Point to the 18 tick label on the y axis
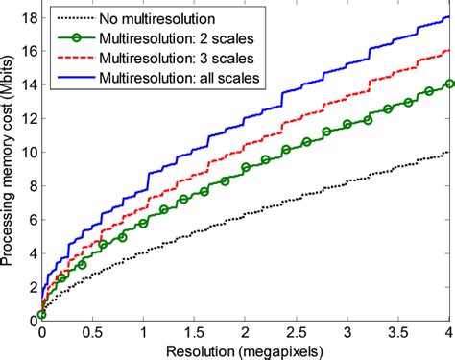28,17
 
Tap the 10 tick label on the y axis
28,152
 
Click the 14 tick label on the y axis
28,84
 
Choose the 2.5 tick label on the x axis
297,331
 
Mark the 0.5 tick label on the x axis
92,331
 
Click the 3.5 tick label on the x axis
399,331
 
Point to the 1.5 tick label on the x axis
195,331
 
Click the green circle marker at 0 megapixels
41,314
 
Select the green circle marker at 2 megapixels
246,168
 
